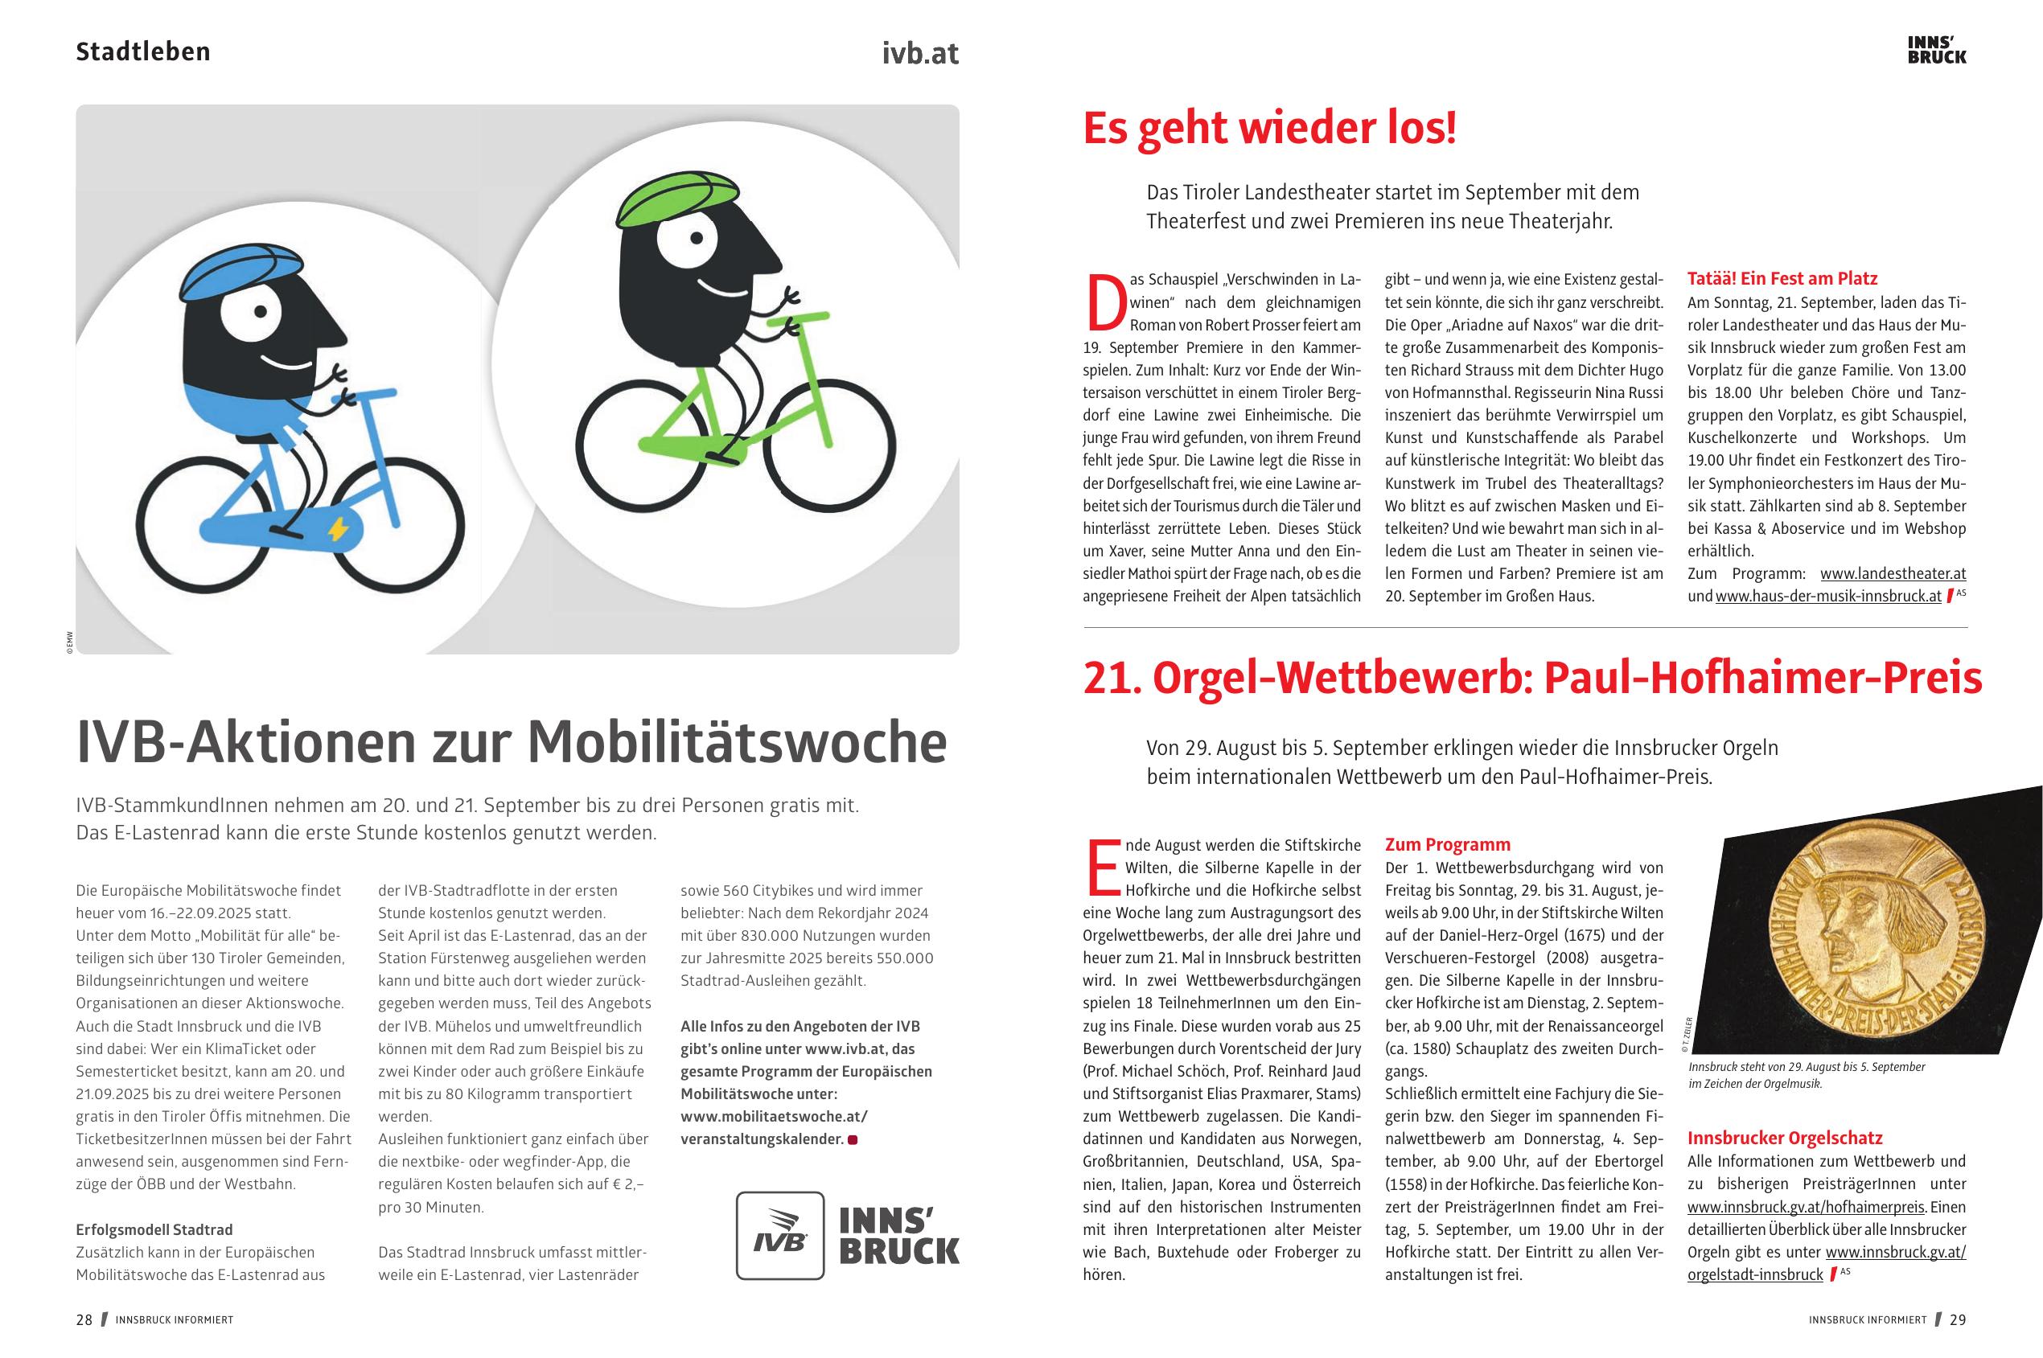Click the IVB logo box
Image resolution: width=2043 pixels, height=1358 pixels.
point(779,1235)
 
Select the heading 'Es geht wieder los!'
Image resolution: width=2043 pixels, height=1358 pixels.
point(1269,128)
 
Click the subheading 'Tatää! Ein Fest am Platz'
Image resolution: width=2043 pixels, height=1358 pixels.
point(1782,279)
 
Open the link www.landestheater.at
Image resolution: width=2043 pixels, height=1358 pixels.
point(1893,573)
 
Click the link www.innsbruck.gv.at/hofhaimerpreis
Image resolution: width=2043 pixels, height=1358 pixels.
point(1806,1206)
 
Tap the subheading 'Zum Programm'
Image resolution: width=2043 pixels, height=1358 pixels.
point(1447,844)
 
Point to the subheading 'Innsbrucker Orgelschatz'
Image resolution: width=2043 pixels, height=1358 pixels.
point(1785,1138)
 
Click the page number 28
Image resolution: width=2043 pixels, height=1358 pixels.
point(84,1320)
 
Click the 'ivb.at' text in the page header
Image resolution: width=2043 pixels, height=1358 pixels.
point(920,54)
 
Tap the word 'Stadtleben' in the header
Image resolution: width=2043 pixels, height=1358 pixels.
point(143,52)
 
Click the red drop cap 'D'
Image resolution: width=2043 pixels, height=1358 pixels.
point(1104,303)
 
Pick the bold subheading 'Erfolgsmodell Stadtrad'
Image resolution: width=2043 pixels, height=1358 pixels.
point(154,1230)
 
